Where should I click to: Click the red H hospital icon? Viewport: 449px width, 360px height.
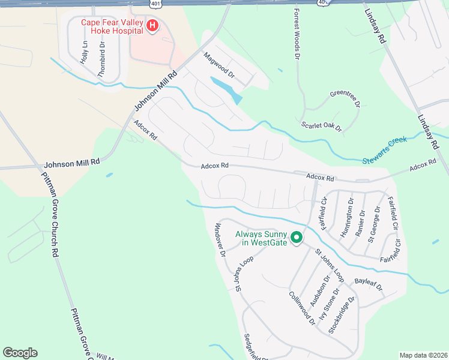152,26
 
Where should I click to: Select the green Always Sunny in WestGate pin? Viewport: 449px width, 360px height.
296,238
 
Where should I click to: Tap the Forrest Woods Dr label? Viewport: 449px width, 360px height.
296,34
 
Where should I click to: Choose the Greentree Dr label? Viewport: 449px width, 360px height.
345,98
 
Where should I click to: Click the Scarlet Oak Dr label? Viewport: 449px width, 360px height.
321,126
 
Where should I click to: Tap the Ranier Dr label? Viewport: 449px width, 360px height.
361,223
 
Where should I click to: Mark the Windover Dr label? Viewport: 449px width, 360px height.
220,240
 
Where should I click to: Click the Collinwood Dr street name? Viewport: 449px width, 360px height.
302,308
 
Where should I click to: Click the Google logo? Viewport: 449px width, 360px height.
20,353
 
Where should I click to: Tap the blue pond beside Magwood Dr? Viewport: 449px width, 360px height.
227,88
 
